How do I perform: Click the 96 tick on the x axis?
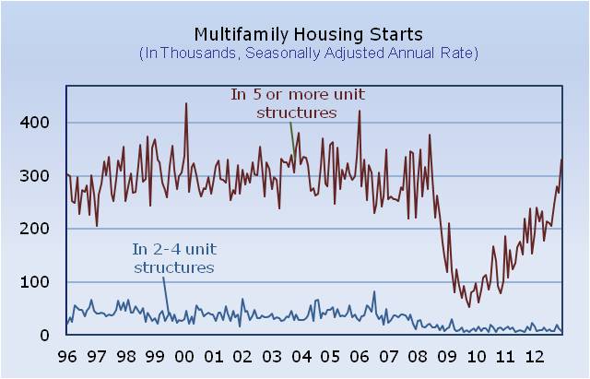(x=67, y=357)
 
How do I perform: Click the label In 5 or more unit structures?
(x=296, y=103)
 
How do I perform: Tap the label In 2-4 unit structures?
(x=173, y=257)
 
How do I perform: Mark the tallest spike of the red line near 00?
(x=186, y=103)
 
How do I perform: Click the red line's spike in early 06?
(x=359, y=112)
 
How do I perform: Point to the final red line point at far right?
(x=561, y=160)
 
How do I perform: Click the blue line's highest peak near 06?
(x=374, y=292)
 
